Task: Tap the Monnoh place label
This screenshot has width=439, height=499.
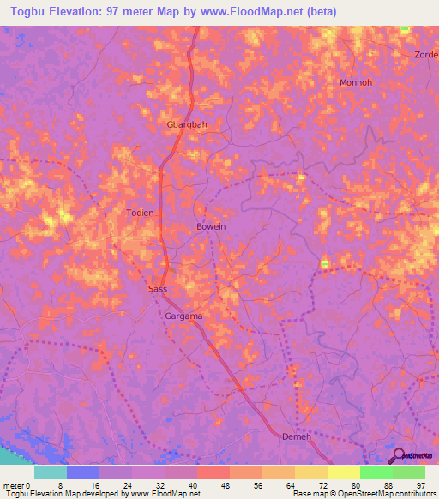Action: click(x=355, y=83)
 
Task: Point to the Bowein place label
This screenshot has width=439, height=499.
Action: click(x=211, y=226)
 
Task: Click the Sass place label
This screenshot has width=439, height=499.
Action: click(x=157, y=290)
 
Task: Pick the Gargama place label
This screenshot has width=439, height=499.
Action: click(x=183, y=316)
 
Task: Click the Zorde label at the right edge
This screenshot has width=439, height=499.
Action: click(x=426, y=53)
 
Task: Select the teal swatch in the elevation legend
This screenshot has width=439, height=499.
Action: click(x=51, y=472)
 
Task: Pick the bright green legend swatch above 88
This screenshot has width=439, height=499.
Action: click(x=376, y=472)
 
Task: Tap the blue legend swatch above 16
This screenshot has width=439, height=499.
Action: click(x=83, y=472)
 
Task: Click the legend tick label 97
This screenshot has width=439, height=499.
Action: click(x=419, y=484)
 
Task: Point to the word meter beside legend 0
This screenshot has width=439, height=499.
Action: click(x=14, y=484)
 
